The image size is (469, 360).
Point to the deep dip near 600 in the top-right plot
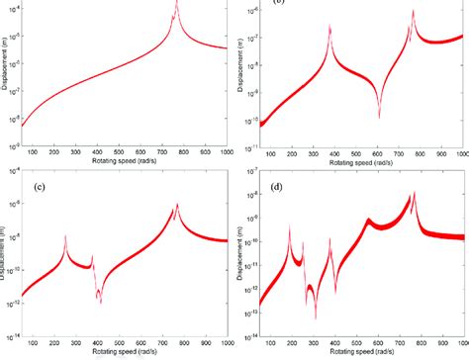coord(379,116)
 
